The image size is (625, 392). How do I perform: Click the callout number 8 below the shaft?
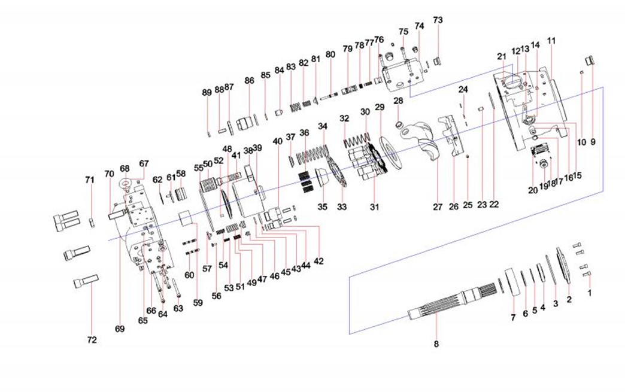coord(436,344)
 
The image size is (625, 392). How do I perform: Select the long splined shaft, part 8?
coord(455,302)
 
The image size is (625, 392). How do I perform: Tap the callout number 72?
coord(91,340)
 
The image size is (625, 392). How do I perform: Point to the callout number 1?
coord(589,294)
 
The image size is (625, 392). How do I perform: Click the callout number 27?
coord(438,207)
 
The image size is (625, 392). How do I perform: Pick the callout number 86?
coord(249,80)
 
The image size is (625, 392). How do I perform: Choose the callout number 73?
coord(438,20)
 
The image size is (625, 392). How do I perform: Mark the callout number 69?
coord(120,329)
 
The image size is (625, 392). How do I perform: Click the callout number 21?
coord(501,56)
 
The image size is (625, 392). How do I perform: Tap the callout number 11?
coord(551,41)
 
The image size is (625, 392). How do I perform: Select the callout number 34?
coord(323,126)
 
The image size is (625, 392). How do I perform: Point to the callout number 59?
coord(198,303)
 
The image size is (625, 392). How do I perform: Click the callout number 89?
coord(207,93)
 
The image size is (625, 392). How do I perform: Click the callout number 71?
coord(90,180)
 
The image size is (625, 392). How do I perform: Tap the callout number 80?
coord(330,54)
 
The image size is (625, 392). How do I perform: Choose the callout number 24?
coord(463,90)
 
